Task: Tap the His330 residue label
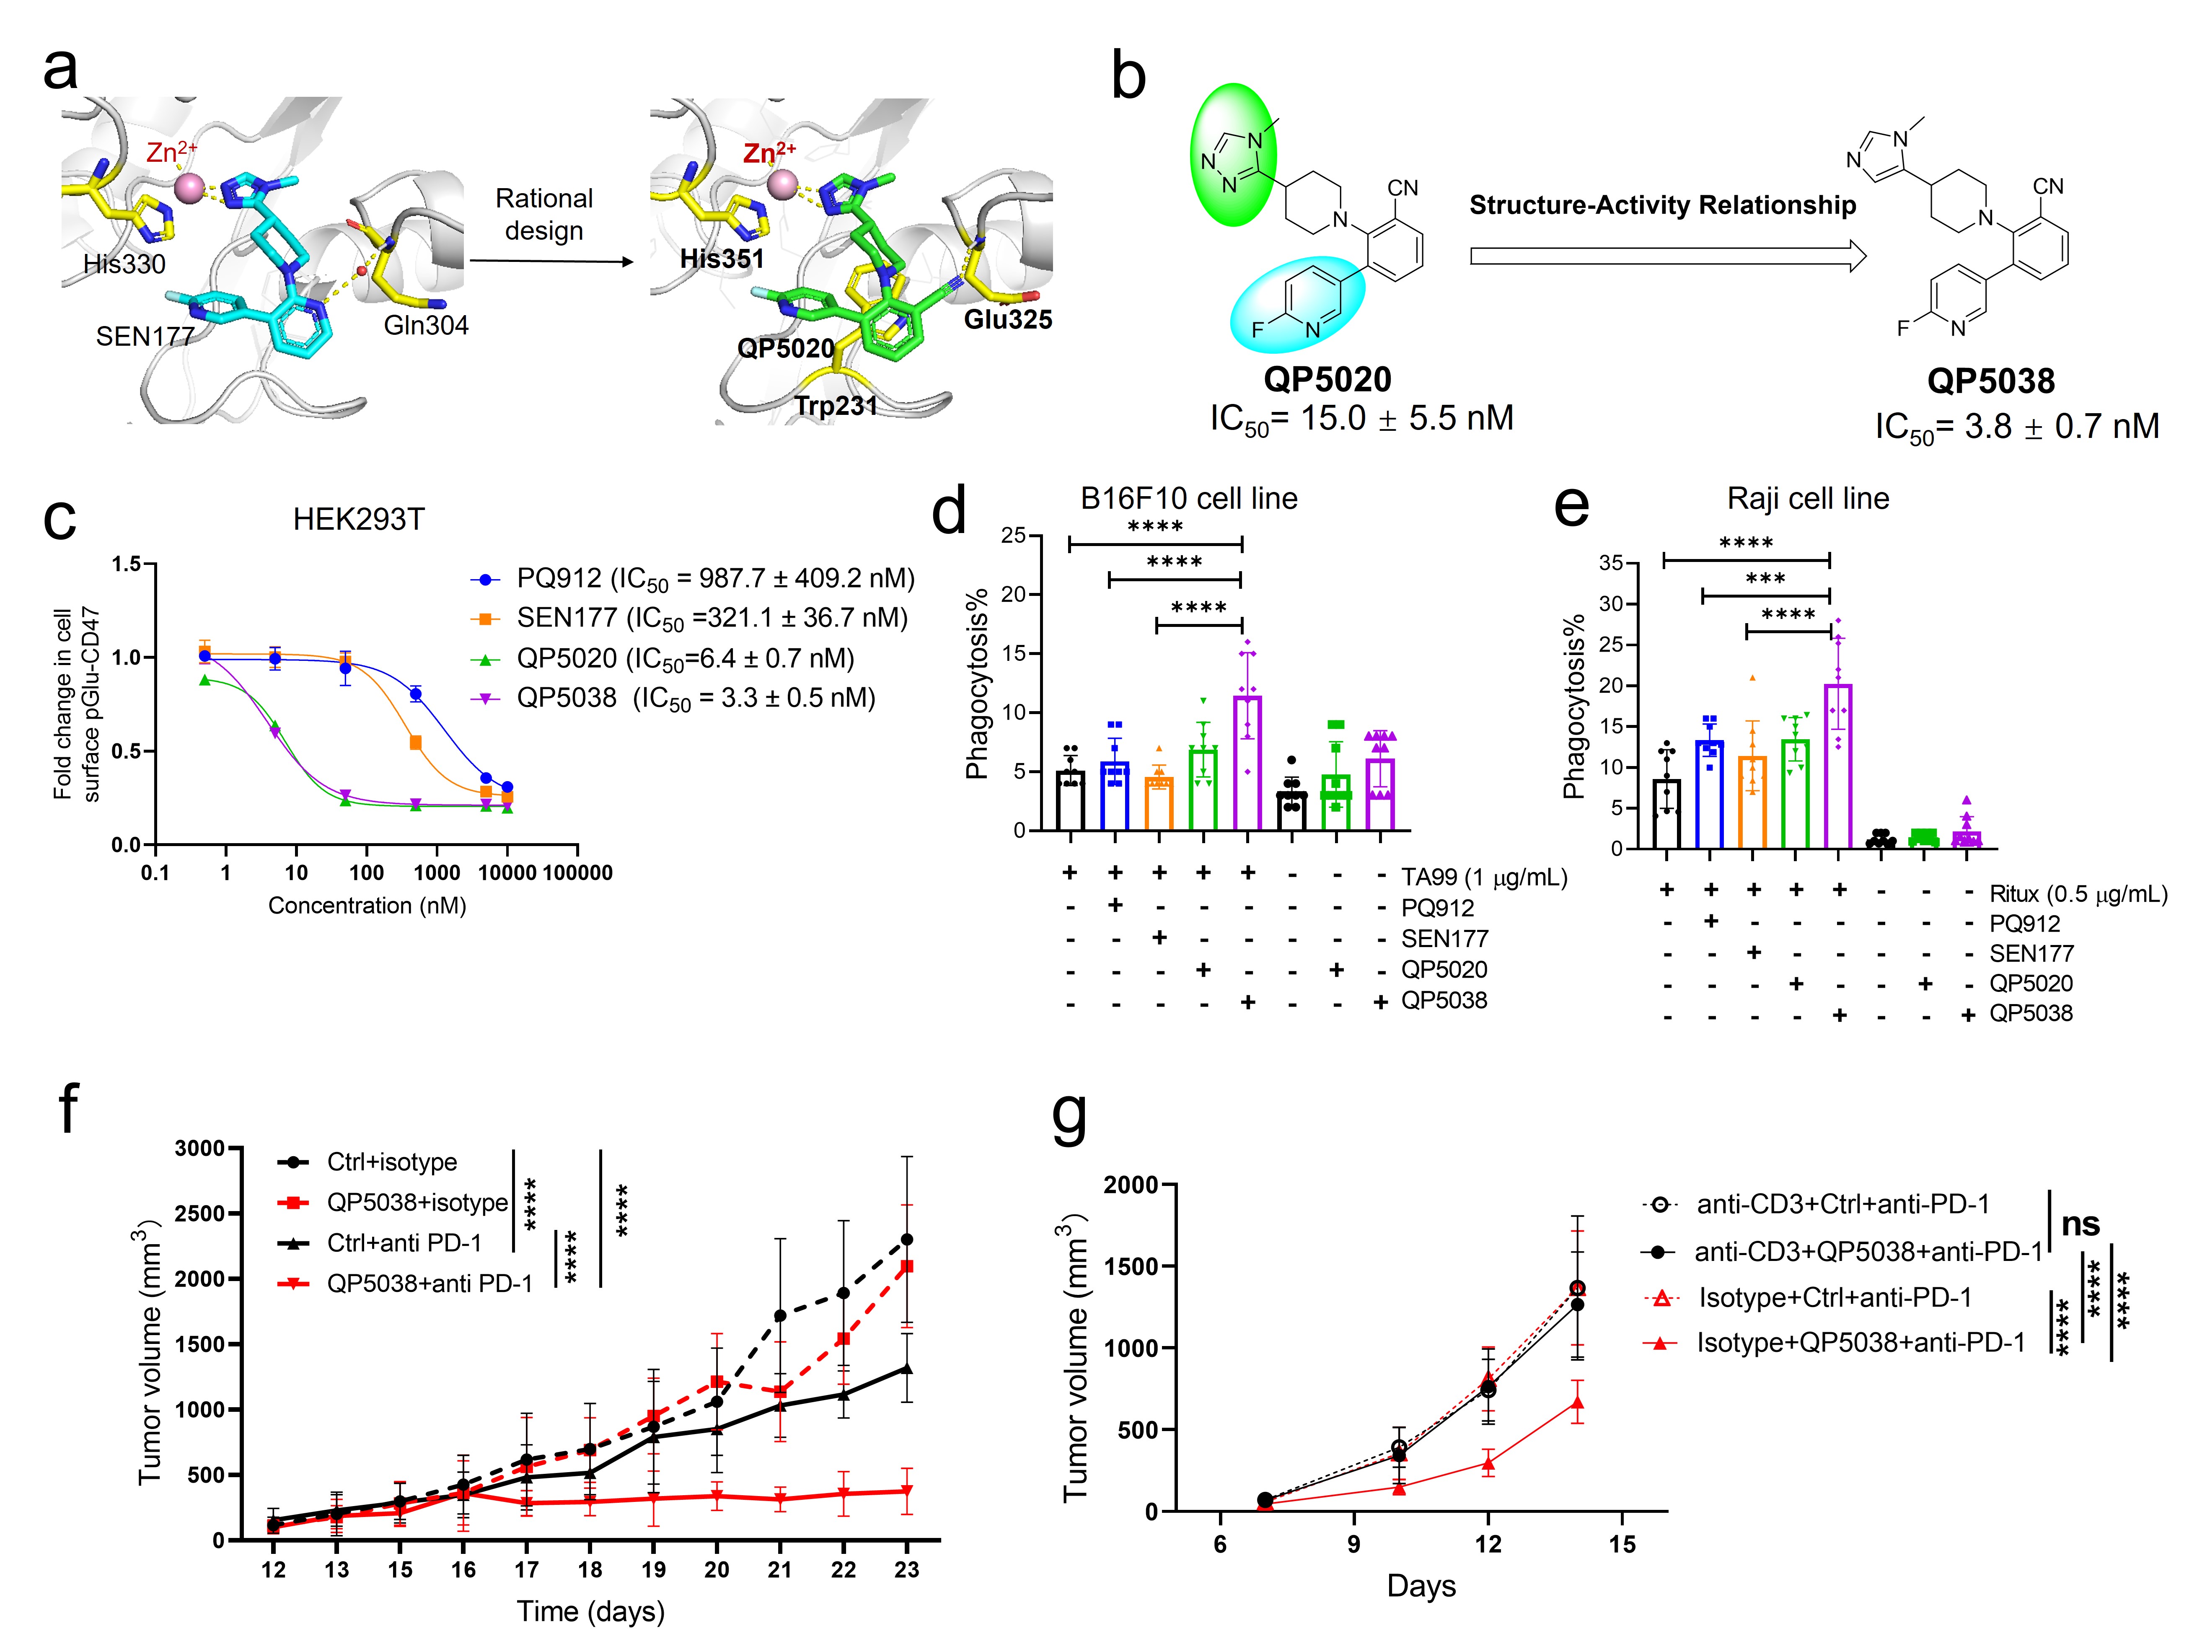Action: pyautogui.click(x=124, y=264)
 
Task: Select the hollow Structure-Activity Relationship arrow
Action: pyautogui.click(x=1667, y=256)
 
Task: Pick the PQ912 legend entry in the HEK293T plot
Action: pyautogui.click(x=693, y=578)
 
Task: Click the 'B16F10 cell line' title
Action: pyautogui.click(x=1188, y=499)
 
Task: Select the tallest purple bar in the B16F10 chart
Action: pyautogui.click(x=1247, y=762)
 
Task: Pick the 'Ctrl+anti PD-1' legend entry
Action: pyautogui.click(x=404, y=1243)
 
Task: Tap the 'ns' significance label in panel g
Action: pyautogui.click(x=2080, y=1224)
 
